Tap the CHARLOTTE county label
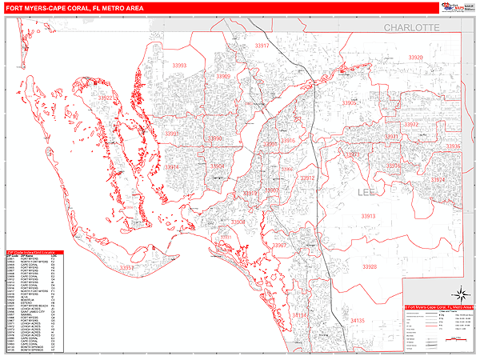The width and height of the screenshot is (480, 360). (412, 27)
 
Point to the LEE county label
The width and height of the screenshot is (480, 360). (367, 193)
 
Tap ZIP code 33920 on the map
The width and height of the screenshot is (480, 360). (414, 58)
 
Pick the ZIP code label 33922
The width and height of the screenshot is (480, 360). (104, 98)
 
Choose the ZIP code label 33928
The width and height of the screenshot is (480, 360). (368, 266)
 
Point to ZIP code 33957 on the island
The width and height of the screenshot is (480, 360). (127, 268)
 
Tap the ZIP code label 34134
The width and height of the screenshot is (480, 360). (298, 316)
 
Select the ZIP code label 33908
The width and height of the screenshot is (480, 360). (238, 222)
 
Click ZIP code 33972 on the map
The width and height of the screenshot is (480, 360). (412, 126)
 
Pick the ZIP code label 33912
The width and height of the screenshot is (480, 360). (307, 178)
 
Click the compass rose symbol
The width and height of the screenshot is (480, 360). (458, 291)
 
